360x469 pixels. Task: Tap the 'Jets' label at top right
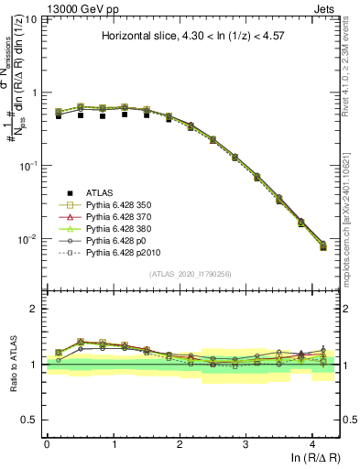325,7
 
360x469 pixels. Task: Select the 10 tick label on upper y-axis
33,19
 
